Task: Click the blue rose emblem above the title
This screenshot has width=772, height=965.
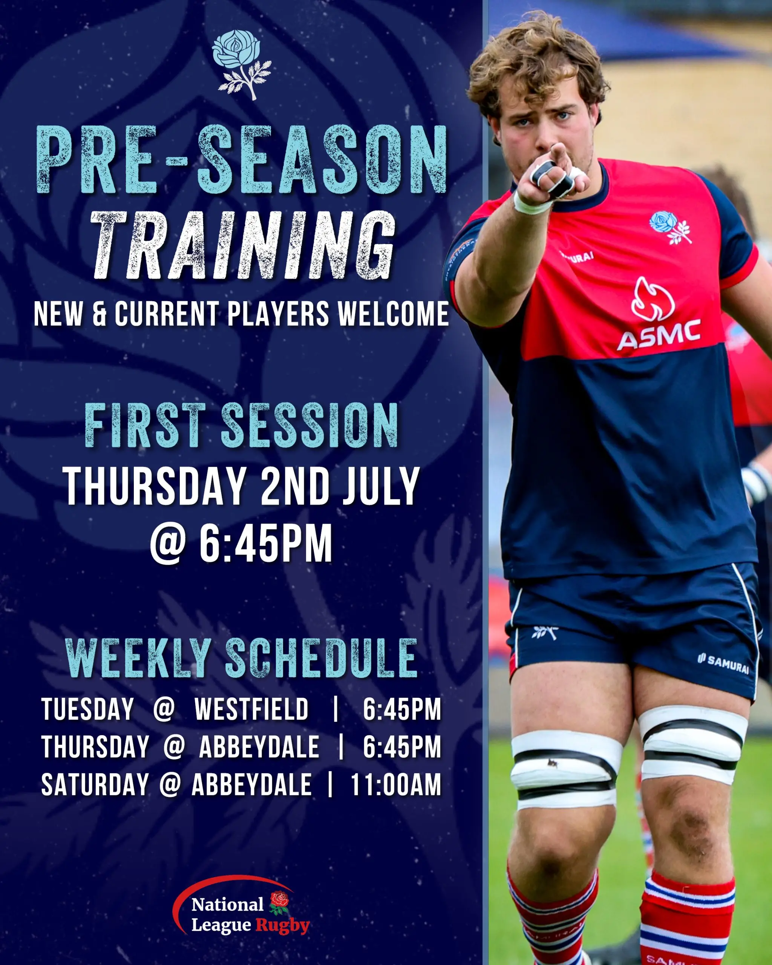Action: click(242, 64)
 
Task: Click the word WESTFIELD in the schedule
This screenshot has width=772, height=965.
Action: click(251, 709)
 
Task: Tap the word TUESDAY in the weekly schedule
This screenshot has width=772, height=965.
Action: click(88, 709)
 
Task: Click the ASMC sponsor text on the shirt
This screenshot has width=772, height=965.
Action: click(659, 334)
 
